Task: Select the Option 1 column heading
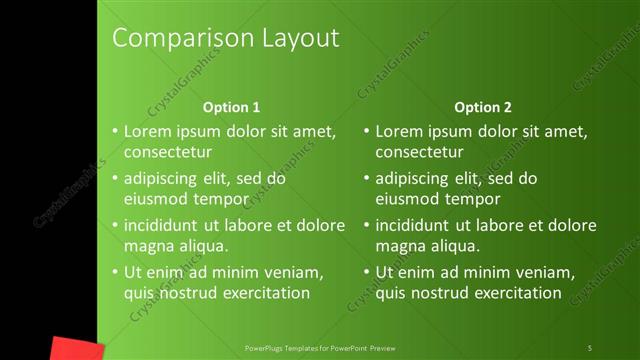(231, 107)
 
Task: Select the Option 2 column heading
(482, 107)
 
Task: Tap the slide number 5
(590, 348)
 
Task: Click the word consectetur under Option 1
(167, 152)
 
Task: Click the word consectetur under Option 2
(419, 152)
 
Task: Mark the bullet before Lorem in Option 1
(115, 132)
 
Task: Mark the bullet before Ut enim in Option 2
(367, 272)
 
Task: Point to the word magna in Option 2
(400, 245)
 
